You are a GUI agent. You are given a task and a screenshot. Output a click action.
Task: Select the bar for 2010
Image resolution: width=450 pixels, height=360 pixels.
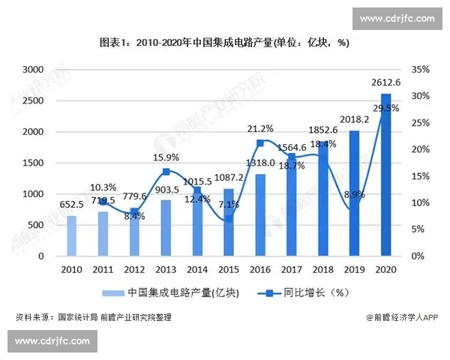coord(71,235)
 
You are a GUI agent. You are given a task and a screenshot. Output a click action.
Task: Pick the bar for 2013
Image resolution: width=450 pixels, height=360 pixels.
coord(166,228)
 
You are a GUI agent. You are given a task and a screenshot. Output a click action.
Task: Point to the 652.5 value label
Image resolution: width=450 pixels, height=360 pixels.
coord(71,204)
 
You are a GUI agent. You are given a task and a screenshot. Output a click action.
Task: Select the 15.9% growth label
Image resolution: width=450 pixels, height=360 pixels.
coord(166,157)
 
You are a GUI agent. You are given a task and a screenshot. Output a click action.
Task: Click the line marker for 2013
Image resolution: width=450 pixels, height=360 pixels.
coord(166,172)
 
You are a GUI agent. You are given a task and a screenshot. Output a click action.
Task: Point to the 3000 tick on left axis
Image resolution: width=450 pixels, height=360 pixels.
coord(32,69)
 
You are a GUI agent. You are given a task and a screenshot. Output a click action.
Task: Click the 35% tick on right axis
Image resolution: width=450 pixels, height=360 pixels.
coord(421,69)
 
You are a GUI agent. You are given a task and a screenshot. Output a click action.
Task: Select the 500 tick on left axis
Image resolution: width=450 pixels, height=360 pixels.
coord(35,225)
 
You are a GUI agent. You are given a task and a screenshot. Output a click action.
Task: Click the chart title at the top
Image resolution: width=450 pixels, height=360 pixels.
coord(224,43)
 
